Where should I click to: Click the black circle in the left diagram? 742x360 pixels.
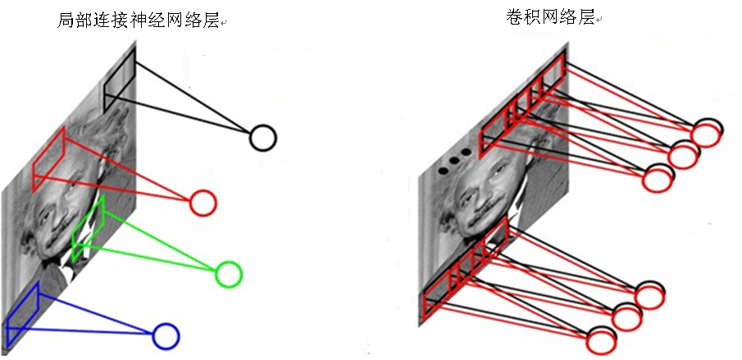262,138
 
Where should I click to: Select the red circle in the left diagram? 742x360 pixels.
203,202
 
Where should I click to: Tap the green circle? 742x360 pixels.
229,274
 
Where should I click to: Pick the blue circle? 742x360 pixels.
166,335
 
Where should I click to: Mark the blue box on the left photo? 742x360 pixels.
21,315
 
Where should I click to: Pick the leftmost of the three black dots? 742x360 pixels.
443,170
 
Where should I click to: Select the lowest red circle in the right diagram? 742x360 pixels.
600,341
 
